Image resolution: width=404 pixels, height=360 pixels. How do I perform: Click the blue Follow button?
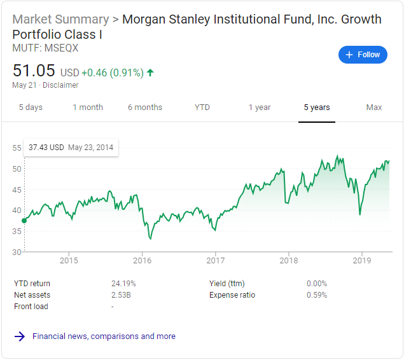363,55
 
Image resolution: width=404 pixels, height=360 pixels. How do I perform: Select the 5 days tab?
31,107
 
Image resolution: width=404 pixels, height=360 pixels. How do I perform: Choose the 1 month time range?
88,107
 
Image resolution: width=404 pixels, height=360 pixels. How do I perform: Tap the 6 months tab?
145,107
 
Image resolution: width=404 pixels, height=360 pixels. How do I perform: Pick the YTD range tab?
202,107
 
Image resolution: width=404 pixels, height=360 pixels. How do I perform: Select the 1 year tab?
260,107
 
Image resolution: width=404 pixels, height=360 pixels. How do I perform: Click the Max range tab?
374,107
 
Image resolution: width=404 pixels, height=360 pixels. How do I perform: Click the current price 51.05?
34,71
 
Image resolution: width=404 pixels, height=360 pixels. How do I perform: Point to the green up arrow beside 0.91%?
150,73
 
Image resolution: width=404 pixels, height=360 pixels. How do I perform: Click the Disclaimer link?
61,85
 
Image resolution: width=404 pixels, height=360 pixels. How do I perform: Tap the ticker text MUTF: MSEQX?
36,48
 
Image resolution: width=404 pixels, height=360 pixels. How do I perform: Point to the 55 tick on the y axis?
17,148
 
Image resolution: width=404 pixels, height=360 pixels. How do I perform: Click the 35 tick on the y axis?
17,231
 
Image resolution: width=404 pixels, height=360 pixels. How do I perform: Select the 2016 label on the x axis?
142,260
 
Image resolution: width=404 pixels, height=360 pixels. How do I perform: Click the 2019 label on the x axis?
361,260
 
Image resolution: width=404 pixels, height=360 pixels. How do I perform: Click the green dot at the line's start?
24,221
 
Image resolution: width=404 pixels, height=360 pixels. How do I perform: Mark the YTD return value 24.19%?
123,284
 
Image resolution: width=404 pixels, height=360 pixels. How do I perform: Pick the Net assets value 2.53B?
121,295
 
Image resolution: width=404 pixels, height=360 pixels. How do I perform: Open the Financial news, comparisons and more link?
104,336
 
